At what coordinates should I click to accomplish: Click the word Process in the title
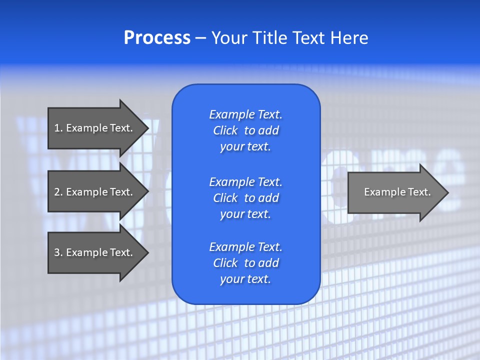click(x=157, y=38)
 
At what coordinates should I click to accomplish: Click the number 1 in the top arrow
click(x=57, y=128)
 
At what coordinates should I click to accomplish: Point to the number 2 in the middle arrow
click(x=57, y=192)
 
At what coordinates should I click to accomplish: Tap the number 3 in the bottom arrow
click(x=57, y=252)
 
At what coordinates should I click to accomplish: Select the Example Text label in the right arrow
click(x=397, y=192)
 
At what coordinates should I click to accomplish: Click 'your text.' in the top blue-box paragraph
click(x=245, y=147)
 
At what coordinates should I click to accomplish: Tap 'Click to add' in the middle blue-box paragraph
click(x=245, y=198)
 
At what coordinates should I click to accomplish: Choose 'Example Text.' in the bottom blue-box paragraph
click(x=245, y=247)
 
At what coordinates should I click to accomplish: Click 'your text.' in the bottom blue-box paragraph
click(x=245, y=279)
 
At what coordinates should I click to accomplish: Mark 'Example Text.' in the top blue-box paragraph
click(x=245, y=114)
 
